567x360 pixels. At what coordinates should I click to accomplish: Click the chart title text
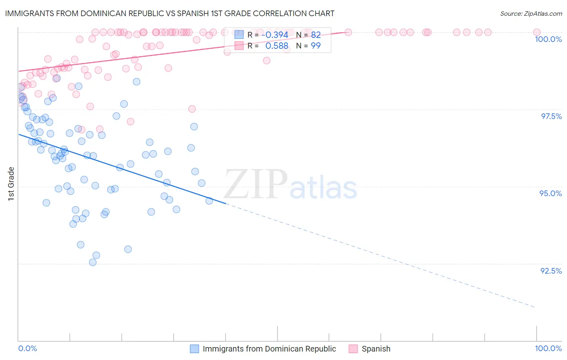169,13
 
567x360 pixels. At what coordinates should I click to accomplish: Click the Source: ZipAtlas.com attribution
531,14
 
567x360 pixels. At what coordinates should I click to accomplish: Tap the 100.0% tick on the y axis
548,39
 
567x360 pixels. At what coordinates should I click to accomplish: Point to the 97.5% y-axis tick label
551,116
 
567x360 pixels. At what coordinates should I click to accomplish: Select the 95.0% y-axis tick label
550,193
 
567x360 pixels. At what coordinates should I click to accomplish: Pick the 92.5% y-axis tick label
551,271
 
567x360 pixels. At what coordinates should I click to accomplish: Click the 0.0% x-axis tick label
27,348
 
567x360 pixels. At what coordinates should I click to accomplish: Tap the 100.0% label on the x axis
548,348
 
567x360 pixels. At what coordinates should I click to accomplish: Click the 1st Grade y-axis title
11,184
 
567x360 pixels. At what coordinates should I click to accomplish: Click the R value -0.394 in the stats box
275,35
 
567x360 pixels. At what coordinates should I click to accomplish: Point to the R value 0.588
277,46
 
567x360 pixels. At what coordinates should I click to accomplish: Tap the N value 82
316,35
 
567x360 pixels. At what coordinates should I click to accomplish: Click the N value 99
316,46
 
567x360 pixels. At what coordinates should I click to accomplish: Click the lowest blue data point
93,262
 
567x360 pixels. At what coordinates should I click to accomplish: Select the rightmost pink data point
537,32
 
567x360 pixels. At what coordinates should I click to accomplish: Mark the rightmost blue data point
209,201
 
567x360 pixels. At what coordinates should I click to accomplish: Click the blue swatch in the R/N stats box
239,35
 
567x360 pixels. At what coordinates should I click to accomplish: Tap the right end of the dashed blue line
535,307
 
